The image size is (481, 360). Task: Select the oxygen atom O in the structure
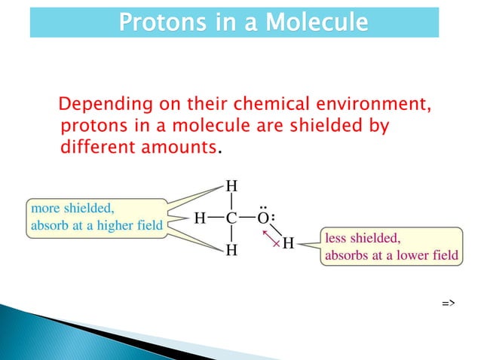pyautogui.click(x=263, y=218)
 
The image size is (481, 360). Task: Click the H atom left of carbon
pyautogui.click(x=201, y=218)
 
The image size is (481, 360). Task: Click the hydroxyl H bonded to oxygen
pyautogui.click(x=288, y=244)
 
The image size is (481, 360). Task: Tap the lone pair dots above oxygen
pyautogui.click(x=263, y=205)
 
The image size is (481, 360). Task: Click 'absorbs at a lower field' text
pyautogui.click(x=391, y=255)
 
